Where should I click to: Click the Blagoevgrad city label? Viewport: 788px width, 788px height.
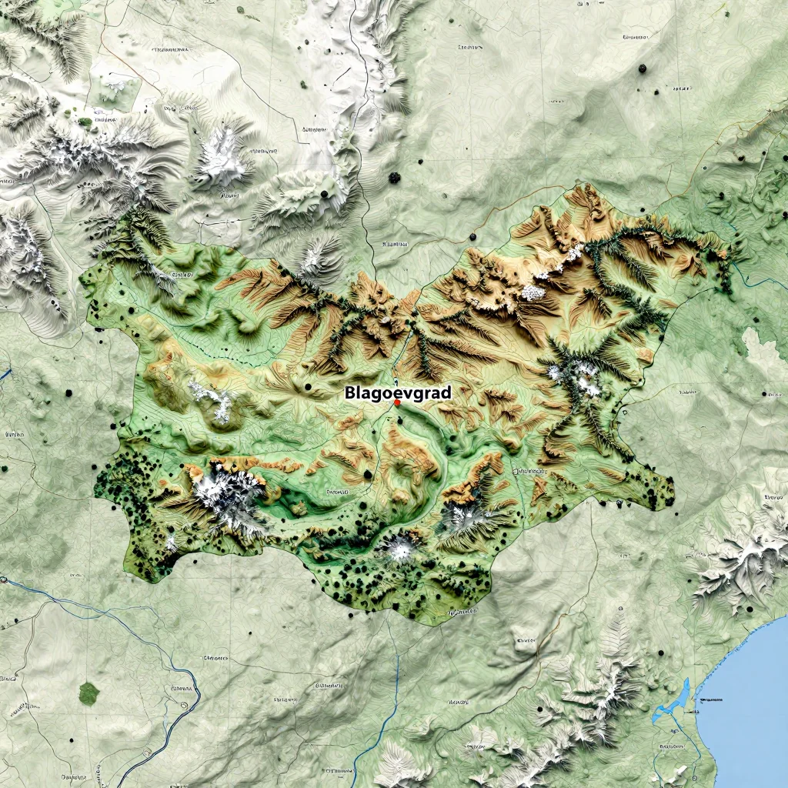pos(398,392)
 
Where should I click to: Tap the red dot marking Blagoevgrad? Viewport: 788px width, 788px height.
pos(397,402)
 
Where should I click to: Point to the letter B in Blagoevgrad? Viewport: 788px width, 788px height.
pos(349,392)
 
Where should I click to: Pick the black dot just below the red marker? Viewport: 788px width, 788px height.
pos(399,419)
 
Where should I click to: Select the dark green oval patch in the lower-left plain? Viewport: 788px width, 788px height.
pos(88,693)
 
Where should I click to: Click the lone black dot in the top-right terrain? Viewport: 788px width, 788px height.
pos(642,68)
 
